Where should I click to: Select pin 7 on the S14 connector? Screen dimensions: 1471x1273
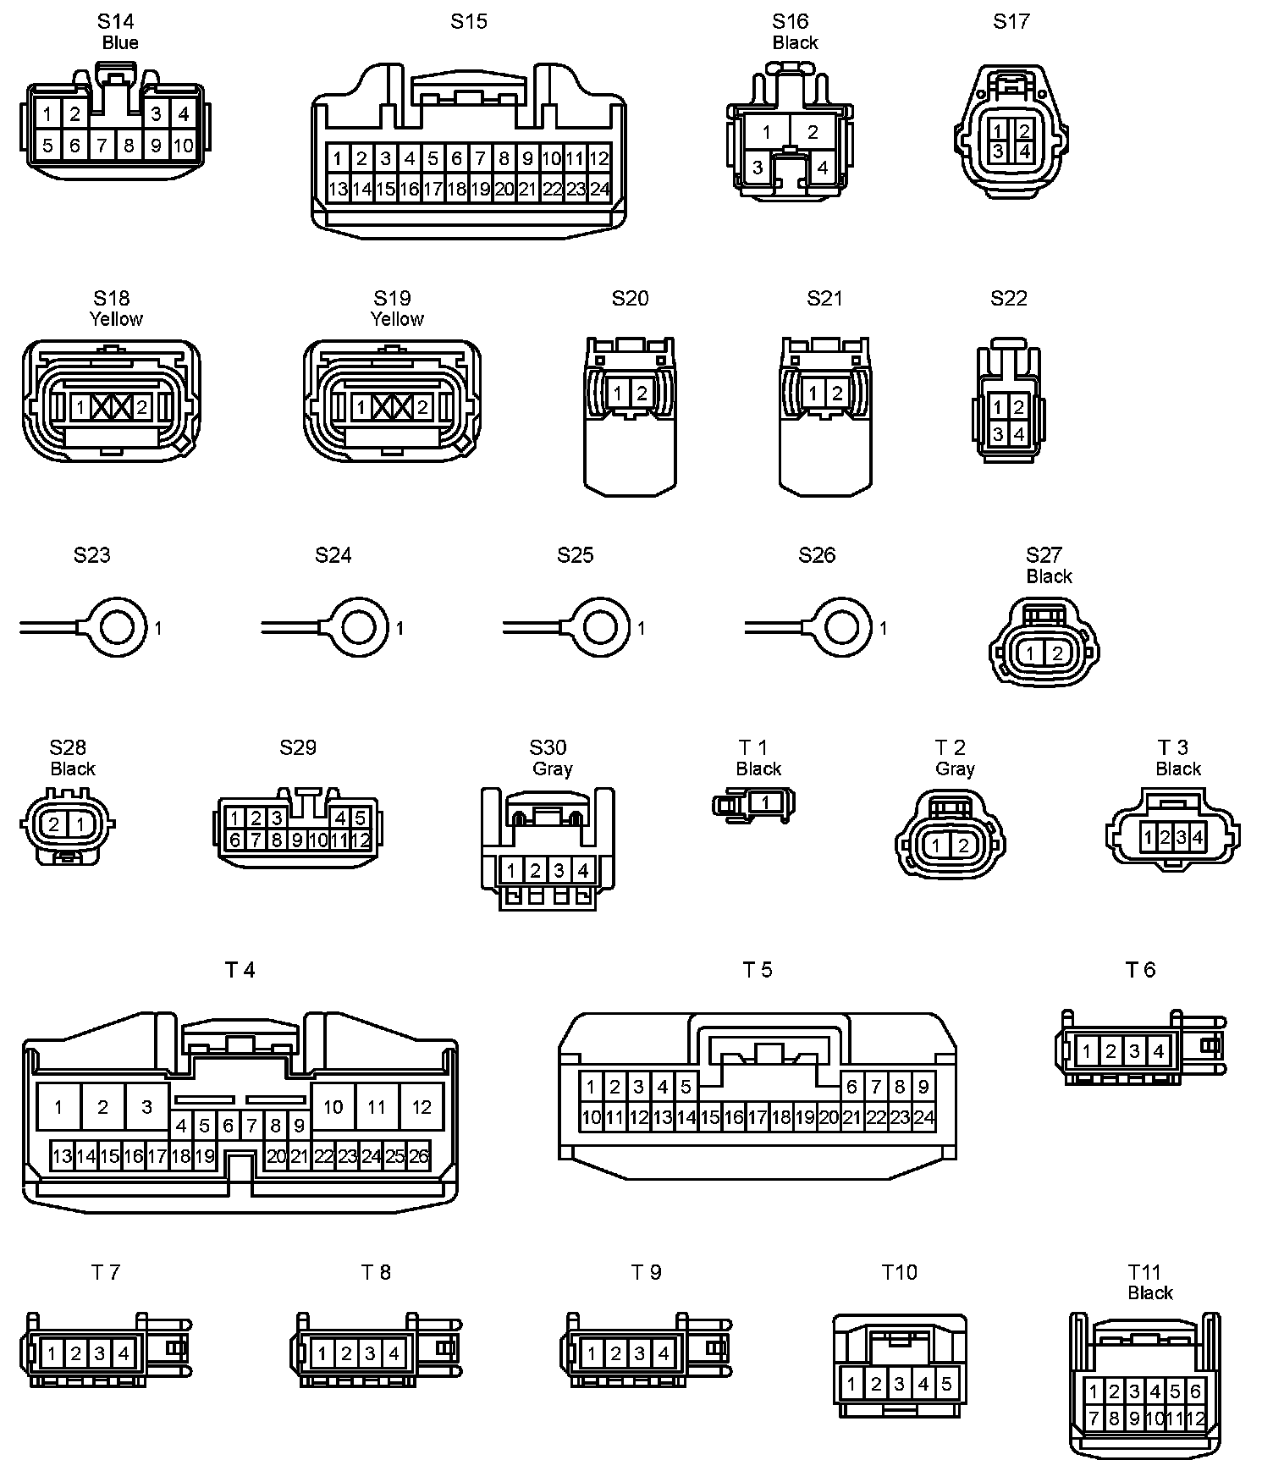click(x=102, y=146)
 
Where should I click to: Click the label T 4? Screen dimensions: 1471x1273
click(x=240, y=970)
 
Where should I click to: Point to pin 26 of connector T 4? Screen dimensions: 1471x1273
click(x=419, y=1156)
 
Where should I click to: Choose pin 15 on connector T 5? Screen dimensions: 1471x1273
click(x=709, y=1117)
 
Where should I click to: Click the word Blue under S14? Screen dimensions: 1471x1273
click(x=120, y=43)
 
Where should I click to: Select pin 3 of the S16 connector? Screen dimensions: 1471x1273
click(x=758, y=168)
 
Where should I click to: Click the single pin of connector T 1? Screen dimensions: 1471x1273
click(x=765, y=802)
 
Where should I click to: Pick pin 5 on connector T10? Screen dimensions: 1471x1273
click(x=946, y=1385)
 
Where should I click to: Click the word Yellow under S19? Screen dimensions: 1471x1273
click(x=397, y=319)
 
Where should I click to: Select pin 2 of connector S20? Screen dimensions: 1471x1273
click(x=642, y=393)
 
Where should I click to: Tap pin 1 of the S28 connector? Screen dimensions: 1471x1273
click(x=80, y=824)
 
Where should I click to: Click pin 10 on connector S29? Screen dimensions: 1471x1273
click(x=318, y=840)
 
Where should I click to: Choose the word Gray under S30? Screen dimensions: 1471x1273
click(x=553, y=769)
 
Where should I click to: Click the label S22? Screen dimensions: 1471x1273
click(x=1009, y=298)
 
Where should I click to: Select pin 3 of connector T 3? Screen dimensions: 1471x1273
click(x=1181, y=838)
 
